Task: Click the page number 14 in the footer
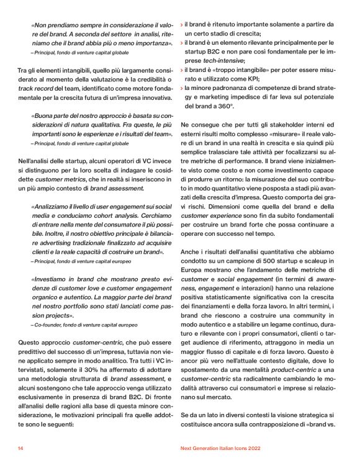(20, 448)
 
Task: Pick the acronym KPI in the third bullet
(249, 79)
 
